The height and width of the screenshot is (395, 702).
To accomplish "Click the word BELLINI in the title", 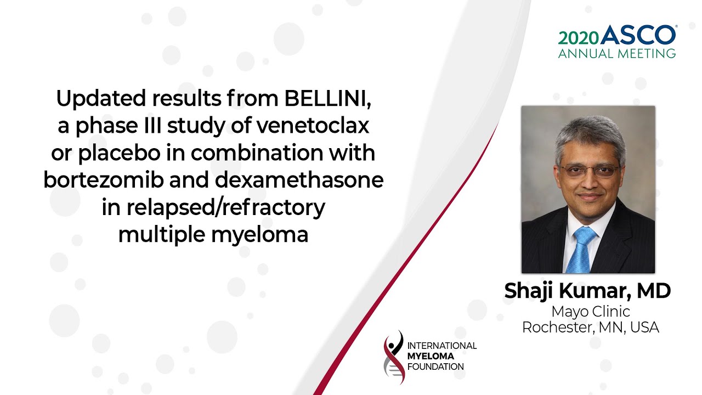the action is [x=327, y=99].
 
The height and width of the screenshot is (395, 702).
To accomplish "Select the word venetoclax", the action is [x=313, y=126].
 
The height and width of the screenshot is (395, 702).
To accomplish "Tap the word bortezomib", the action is [x=104, y=180].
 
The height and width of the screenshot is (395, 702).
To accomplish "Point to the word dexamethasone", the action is [x=299, y=180].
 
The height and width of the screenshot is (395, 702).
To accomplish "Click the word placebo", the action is [x=119, y=153].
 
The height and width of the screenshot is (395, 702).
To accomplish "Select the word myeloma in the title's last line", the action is [x=260, y=235].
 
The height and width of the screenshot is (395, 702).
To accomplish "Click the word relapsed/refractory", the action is [x=225, y=208].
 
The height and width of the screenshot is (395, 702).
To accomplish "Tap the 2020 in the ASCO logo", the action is [x=579, y=38].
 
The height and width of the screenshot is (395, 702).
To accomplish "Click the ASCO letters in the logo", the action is [x=638, y=35].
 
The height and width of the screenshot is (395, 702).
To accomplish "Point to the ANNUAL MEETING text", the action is [x=617, y=53].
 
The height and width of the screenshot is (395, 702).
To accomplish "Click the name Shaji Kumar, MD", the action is [x=587, y=291].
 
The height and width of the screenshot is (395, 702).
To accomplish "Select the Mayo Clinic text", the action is [x=591, y=311].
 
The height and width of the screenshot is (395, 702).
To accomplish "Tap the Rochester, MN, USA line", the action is [x=591, y=328].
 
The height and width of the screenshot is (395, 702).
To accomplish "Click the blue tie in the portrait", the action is [x=581, y=250].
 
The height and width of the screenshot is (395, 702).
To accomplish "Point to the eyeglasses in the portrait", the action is [x=589, y=171].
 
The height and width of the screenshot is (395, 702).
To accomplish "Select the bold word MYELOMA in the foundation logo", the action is [x=431, y=356].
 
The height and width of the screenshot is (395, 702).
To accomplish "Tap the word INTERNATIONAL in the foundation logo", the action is [x=442, y=346].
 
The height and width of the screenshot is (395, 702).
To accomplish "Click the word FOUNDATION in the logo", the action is [x=435, y=367].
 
